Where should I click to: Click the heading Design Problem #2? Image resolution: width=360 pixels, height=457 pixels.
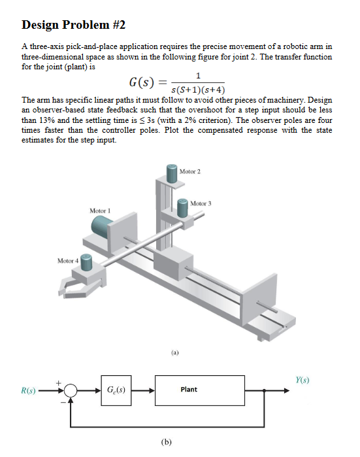73,25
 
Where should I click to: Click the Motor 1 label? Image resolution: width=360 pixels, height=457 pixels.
100,211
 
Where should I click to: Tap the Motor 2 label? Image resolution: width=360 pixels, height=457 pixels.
190,171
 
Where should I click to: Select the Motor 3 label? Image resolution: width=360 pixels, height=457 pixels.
201,203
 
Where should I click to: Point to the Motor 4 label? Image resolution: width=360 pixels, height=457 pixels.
68,261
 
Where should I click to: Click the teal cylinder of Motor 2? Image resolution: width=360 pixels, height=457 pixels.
172,173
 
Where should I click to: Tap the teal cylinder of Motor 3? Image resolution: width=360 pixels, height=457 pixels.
183,208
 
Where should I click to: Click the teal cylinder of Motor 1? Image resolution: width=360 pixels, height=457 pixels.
101,226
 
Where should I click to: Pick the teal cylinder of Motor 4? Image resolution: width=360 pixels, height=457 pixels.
86,262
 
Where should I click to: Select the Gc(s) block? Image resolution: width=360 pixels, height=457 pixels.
116,390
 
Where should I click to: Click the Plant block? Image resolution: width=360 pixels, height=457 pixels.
200,390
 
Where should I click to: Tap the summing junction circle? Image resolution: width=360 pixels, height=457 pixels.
70,390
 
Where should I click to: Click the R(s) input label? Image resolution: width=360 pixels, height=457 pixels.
28,390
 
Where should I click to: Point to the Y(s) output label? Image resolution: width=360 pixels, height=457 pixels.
303,380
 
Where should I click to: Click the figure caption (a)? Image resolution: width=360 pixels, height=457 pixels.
174,352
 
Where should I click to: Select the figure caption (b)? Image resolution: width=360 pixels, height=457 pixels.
166,442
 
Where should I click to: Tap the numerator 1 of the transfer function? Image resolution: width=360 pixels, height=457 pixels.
198,76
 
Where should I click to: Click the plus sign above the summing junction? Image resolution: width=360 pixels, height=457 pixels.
59,382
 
